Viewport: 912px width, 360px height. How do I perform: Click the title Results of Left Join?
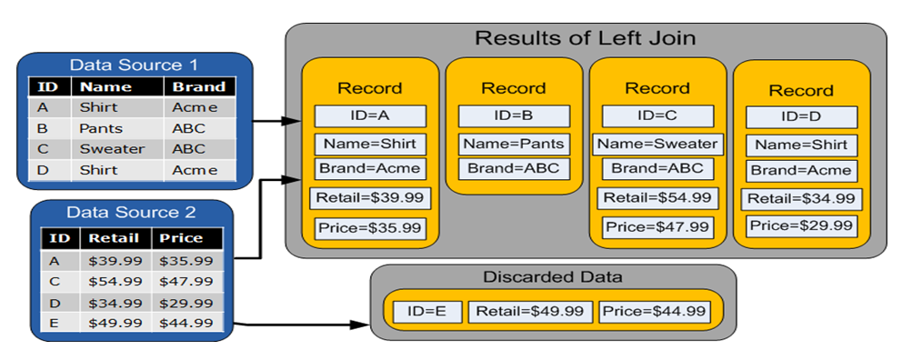tap(586, 39)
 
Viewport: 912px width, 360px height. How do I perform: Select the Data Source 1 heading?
tap(133, 65)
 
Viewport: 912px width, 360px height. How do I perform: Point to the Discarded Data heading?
tap(553, 276)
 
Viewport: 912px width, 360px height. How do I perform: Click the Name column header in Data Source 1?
tap(105, 87)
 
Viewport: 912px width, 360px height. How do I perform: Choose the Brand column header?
tap(199, 87)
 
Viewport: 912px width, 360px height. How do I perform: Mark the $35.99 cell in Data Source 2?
tap(185, 260)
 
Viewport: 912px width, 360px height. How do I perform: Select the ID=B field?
tap(514, 116)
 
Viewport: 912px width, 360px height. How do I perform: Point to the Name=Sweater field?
tap(657, 144)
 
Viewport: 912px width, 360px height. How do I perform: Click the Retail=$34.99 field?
tap(801, 198)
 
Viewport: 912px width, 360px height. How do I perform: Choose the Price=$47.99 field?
tap(657, 227)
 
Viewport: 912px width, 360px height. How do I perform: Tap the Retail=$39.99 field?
tap(370, 198)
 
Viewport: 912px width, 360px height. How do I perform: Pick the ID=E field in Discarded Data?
tap(427, 312)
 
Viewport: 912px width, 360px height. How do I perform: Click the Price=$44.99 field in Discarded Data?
tap(653, 312)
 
